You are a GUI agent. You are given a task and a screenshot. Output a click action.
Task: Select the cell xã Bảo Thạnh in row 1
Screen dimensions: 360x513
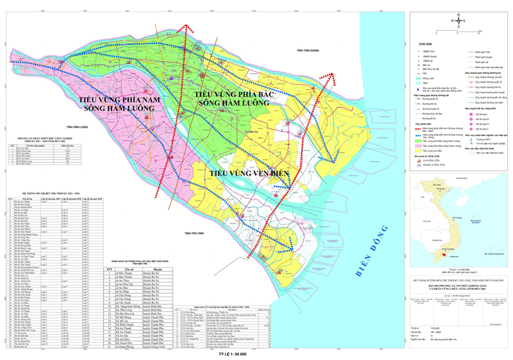click(126, 272)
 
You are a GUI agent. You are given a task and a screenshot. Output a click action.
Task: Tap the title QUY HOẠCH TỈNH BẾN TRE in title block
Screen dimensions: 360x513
click(459, 279)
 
